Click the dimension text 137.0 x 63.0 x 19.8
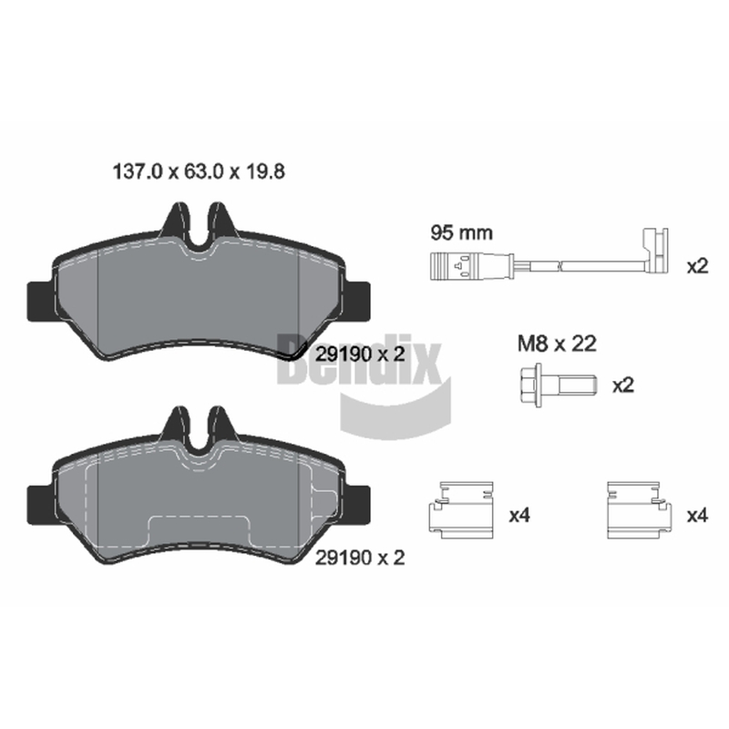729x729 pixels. click(199, 171)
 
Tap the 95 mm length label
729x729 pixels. click(461, 232)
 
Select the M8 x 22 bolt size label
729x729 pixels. click(557, 344)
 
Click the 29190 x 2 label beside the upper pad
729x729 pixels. click(360, 354)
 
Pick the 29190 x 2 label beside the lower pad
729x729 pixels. click(360, 558)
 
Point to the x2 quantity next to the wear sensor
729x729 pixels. click(697, 266)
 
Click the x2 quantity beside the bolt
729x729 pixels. click(623, 385)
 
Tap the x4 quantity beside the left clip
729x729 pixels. click(519, 515)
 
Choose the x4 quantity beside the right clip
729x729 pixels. click(697, 515)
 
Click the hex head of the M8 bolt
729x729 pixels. click(531, 385)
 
